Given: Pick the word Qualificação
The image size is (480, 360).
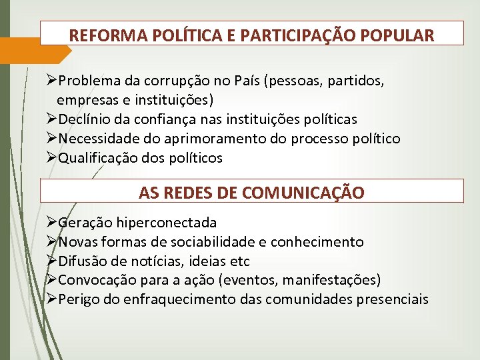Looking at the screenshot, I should (98, 159).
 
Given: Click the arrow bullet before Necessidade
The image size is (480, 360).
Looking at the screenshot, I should (53, 139).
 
